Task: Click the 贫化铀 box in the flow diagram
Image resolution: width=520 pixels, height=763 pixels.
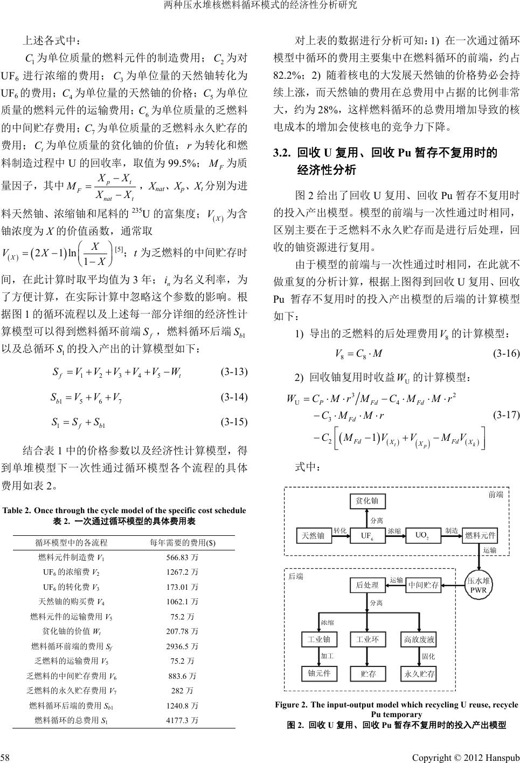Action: pyautogui.click(x=367, y=501)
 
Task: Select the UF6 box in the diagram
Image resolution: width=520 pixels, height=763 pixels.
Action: pyautogui.click(x=367, y=535)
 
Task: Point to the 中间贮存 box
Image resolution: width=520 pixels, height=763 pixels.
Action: pyautogui.click(x=423, y=584)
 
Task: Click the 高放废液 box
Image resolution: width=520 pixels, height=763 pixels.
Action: pyautogui.click(x=419, y=640)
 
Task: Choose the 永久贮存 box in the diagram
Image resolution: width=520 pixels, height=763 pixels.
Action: pyautogui.click(x=419, y=674)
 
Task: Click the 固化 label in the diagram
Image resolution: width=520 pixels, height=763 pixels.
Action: pyautogui.click(x=428, y=657)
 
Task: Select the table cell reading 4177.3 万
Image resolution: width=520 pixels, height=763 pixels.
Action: pyautogui.click(x=181, y=720)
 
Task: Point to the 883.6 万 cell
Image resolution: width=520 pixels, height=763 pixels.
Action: pyautogui.click(x=181, y=676)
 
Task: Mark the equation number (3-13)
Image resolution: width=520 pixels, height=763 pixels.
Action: pyautogui.click(x=234, y=371)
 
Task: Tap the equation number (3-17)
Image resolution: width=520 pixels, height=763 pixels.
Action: pyautogui.click(x=506, y=415)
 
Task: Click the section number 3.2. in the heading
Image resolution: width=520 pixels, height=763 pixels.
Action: pyautogui.click(x=282, y=153)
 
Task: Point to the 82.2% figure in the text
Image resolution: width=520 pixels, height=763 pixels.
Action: pyautogui.click(x=286, y=72)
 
